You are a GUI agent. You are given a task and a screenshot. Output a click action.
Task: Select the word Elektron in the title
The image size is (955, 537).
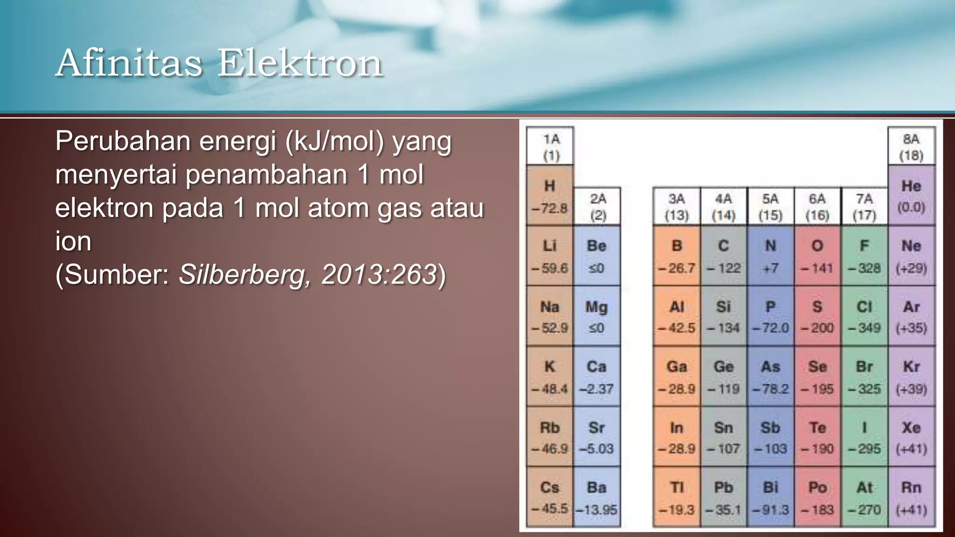click(300, 63)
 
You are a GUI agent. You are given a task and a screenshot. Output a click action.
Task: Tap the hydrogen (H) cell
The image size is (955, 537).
click(550, 196)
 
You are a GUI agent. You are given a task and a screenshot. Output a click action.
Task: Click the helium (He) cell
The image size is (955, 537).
click(911, 196)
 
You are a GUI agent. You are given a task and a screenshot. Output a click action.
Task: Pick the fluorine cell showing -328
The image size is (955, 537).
click(864, 256)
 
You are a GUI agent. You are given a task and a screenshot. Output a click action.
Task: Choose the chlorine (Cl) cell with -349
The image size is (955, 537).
click(864, 317)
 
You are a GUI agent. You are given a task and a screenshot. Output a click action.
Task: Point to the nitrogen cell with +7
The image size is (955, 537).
click(770, 256)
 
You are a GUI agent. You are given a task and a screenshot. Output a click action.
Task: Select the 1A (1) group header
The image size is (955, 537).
click(550, 146)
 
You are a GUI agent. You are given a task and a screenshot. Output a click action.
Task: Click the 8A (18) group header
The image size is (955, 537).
click(911, 146)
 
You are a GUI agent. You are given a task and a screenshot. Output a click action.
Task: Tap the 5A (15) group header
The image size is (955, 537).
click(770, 207)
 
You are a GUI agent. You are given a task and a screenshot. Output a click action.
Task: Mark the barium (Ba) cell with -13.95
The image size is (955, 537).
click(596, 497)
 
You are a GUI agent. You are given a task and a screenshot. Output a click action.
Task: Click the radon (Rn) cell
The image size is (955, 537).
click(911, 497)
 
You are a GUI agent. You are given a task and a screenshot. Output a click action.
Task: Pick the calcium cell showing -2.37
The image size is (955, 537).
click(596, 377)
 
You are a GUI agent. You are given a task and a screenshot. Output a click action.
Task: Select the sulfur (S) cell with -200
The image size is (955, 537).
click(817, 317)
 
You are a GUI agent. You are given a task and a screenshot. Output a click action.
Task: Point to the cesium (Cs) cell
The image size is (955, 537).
click(550, 497)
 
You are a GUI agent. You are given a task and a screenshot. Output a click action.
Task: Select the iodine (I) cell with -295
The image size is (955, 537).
click(864, 437)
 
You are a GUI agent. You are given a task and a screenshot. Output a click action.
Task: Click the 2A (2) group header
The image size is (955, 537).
click(597, 207)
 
